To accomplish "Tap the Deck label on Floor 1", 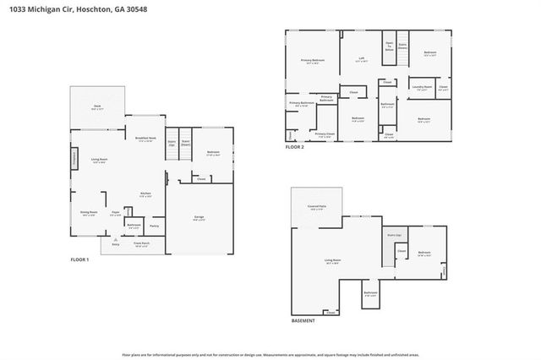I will [x=97, y=106].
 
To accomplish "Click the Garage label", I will [x=199, y=218].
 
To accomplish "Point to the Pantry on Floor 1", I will [x=154, y=226].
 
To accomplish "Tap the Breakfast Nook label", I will [x=145, y=139].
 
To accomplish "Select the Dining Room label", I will [x=89, y=214].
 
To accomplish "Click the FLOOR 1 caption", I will [x=80, y=259].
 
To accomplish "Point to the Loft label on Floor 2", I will [x=360, y=59].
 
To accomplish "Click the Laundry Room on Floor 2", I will [x=421, y=87].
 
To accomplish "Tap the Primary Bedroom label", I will [x=313, y=61].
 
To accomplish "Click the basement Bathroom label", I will [x=370, y=294].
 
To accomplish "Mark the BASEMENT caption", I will [x=303, y=320].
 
